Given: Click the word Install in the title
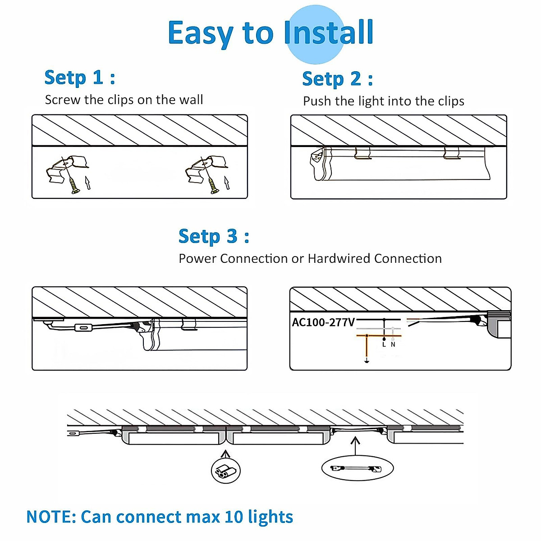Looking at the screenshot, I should pyautogui.click(x=329, y=32).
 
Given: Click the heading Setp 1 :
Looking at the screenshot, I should pyautogui.click(x=80, y=78).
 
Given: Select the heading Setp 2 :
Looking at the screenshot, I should pyautogui.click(x=337, y=79).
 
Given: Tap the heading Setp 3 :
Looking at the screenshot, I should pyautogui.click(x=214, y=236).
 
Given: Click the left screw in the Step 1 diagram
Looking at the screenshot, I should pyautogui.click(x=73, y=184).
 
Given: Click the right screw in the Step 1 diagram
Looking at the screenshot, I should pyautogui.click(x=213, y=184).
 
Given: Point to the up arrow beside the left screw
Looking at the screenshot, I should pyautogui.click(x=88, y=183).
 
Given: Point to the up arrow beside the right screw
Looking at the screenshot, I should pyautogui.click(x=227, y=183).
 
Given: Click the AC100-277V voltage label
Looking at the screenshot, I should pyautogui.click(x=323, y=322).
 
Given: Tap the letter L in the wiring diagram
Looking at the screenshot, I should pyautogui.click(x=384, y=344).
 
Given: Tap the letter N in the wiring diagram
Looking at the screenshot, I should pyautogui.click(x=393, y=344).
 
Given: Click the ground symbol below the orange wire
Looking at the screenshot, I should pyautogui.click(x=367, y=360).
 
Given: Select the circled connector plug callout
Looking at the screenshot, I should pyautogui.click(x=226, y=471).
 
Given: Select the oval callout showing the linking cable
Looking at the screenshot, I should pyautogui.click(x=357, y=468).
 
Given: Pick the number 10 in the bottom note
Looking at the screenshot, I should pyautogui.click(x=234, y=517).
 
